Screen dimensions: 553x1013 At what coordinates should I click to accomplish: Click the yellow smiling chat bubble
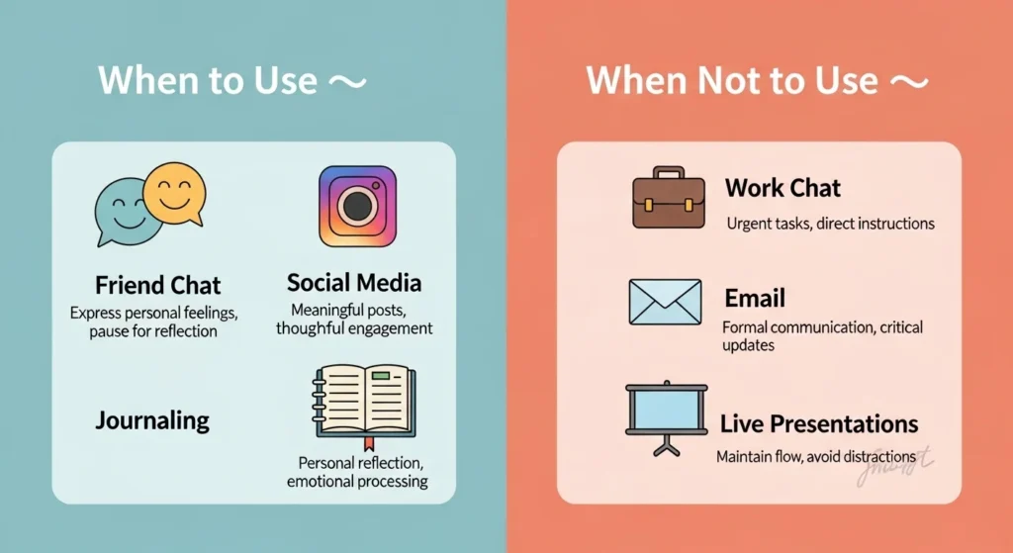(174, 190)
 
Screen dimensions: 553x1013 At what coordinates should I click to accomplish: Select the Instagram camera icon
(357, 205)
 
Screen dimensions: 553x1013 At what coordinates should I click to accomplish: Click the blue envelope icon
(665, 302)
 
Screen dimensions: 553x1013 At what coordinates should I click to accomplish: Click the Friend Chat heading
(157, 286)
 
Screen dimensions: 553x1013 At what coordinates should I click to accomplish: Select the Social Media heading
(353, 283)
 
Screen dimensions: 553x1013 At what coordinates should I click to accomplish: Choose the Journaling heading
(152, 420)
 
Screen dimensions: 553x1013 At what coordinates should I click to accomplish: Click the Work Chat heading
(783, 188)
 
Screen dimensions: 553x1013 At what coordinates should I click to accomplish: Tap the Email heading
(754, 298)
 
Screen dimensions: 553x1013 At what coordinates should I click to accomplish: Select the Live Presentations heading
(818, 424)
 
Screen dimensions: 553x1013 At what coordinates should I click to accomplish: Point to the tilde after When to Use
(347, 82)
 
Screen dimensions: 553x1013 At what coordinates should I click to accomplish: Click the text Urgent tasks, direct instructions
(830, 224)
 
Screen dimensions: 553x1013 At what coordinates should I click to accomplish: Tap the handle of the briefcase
(668, 172)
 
